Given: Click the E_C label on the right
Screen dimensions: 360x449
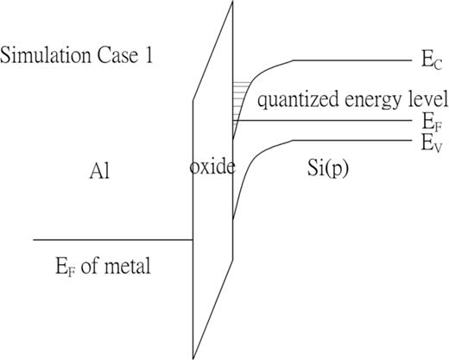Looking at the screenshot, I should (429, 63).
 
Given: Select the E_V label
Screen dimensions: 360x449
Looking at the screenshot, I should (429, 143).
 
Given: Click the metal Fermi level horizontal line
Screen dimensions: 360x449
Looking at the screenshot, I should (112, 239).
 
